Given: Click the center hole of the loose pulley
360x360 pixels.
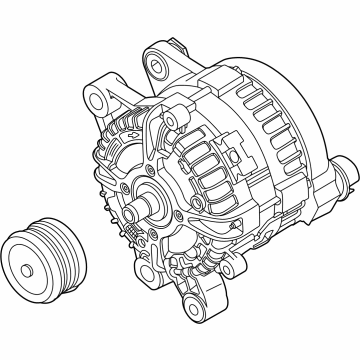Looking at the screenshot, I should (x=38, y=266).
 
